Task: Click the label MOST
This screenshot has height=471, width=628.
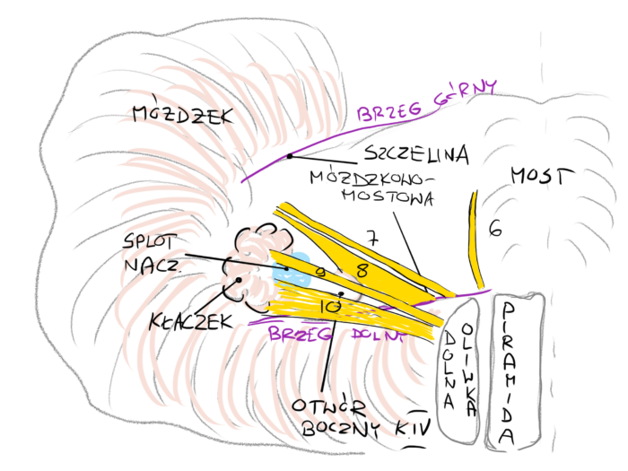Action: coord(540,176)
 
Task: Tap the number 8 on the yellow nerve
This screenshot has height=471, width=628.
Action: coord(362,269)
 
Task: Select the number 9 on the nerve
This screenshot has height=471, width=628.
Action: coord(319,271)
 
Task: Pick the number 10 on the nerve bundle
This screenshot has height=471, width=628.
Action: coord(329,307)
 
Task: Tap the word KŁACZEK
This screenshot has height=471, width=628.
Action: coord(182,318)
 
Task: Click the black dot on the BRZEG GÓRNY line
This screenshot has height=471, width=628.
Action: coord(290,156)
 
